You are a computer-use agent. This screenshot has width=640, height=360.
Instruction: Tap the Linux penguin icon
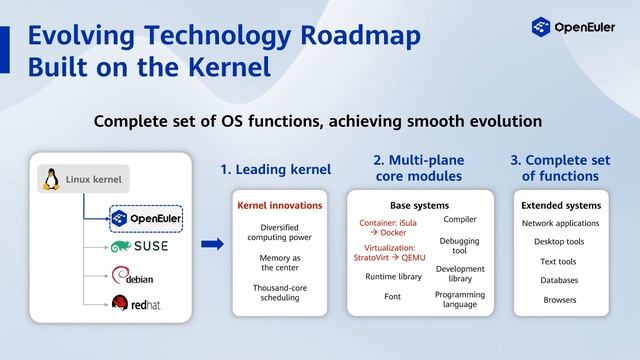[49, 180]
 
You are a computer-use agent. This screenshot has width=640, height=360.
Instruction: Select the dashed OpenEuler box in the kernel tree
[146, 218]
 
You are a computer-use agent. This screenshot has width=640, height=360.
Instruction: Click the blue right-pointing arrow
[212, 243]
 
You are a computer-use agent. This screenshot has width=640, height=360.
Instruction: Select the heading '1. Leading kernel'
[275, 170]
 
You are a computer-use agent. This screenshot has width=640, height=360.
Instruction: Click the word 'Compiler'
[459, 219]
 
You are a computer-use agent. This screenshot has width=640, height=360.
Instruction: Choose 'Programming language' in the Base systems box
[459, 299]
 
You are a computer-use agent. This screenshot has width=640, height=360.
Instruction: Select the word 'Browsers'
[560, 300]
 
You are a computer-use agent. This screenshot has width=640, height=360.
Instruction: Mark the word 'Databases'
[560, 281]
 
